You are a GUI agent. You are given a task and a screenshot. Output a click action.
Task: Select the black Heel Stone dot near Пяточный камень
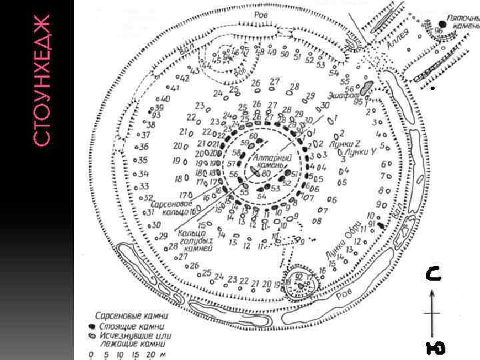click(424, 25)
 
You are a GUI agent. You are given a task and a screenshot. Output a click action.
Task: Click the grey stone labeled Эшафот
click(367, 88)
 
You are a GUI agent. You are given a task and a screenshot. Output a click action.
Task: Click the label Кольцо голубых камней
click(195, 238)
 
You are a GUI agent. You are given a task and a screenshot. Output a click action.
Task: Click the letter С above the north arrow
click(433, 274)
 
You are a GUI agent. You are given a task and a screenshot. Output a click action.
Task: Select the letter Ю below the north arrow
click(435, 347)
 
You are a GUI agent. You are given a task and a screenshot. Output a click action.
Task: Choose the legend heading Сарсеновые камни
click(131, 314)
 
